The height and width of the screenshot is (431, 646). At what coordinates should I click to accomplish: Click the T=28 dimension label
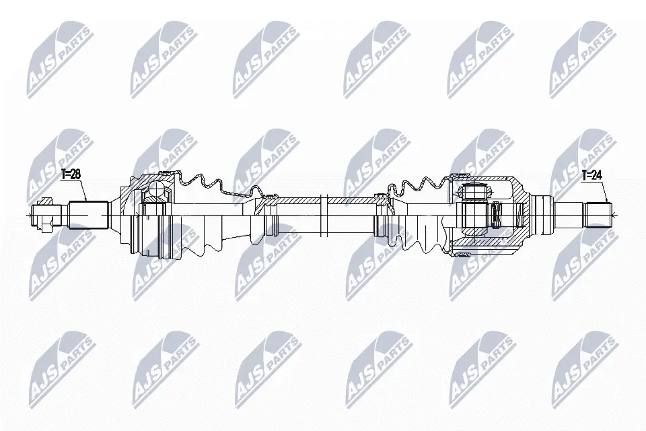tap(71, 174)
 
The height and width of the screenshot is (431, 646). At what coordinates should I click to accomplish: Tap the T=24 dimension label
tap(591, 176)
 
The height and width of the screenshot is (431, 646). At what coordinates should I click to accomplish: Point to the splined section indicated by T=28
tap(89, 214)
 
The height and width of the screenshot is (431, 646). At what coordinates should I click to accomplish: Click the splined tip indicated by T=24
tap(598, 215)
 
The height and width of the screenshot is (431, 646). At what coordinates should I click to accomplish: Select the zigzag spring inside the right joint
tap(497, 215)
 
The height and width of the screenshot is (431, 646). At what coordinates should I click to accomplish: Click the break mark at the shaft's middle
tap(324, 215)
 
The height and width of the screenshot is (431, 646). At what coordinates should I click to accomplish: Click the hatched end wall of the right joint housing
tap(519, 214)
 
